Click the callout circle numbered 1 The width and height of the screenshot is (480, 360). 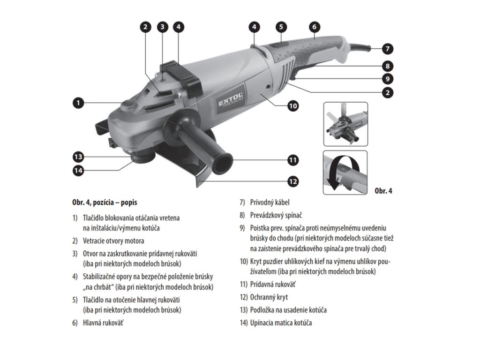point(78,102)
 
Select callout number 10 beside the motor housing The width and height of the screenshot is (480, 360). point(293,106)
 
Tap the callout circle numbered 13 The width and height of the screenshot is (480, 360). point(78,156)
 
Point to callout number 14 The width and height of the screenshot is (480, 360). point(78,171)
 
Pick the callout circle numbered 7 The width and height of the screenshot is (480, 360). point(387,48)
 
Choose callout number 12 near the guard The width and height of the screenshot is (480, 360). point(293,181)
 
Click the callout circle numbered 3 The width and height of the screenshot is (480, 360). point(162,27)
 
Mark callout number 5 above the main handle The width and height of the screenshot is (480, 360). point(281,27)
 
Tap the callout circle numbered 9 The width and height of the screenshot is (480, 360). point(387,79)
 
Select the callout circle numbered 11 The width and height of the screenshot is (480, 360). point(293,160)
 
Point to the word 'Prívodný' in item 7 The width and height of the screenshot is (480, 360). point(263,203)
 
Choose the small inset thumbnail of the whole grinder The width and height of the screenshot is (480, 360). point(345,124)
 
